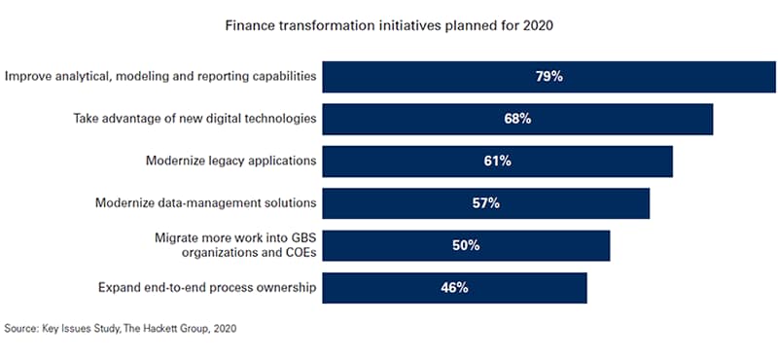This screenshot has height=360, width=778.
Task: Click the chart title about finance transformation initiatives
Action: pyautogui.click(x=390, y=25)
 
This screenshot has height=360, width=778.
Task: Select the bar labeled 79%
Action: pyautogui.click(x=549, y=77)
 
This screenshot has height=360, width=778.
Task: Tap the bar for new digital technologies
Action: pyautogui.click(x=517, y=120)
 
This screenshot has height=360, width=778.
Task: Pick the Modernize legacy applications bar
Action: pyautogui.click(x=497, y=162)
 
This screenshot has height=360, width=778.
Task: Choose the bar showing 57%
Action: pyautogui.click(x=485, y=203)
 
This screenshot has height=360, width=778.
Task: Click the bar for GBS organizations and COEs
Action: pyautogui.click(x=466, y=246)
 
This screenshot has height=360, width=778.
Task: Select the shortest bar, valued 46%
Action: pyautogui.click(x=454, y=288)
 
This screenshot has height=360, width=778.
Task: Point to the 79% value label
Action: pyautogui.click(x=549, y=77)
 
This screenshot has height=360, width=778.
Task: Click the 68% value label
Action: pyautogui.click(x=517, y=120)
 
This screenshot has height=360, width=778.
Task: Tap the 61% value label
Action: pyautogui.click(x=497, y=162)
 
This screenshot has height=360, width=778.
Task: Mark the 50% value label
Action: pyautogui.click(x=466, y=246)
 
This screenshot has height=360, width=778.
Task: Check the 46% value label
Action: pyautogui.click(x=454, y=288)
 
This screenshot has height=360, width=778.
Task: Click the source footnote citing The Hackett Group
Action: pyautogui.click(x=120, y=329)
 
